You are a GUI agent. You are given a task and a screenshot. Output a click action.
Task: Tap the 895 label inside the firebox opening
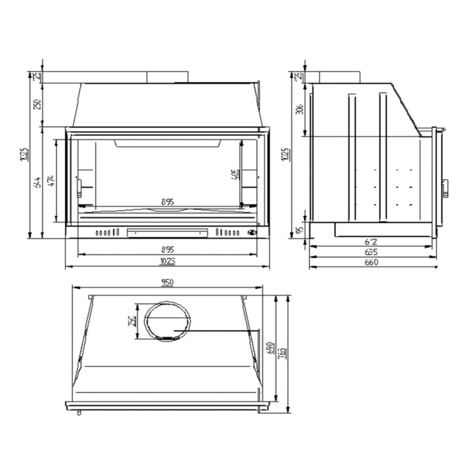(x=168, y=202)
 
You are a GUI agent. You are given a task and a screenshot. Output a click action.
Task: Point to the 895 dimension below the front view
(x=168, y=249)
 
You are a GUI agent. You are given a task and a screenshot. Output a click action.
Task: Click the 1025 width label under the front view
(x=168, y=262)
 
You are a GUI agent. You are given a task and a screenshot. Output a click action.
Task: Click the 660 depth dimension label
(x=371, y=262)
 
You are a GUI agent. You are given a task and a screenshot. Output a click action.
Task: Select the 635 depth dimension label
(x=371, y=252)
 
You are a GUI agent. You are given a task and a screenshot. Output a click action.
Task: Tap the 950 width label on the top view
(x=167, y=283)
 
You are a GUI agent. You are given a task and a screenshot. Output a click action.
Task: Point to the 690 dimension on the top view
(x=268, y=348)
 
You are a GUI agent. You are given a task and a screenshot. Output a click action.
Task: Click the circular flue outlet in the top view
(x=168, y=321)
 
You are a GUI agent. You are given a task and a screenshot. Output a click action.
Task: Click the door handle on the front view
(x=80, y=187)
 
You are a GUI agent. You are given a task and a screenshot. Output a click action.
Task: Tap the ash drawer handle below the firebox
(x=168, y=232)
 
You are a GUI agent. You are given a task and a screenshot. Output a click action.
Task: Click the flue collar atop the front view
(x=167, y=77)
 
